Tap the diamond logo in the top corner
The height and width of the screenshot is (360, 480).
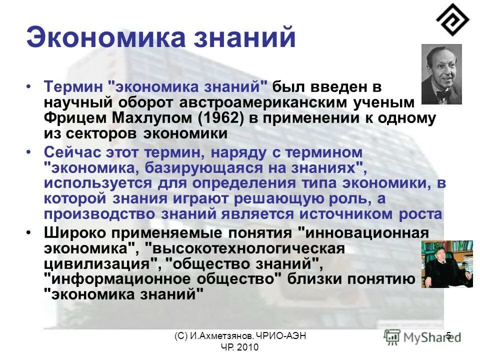click(452, 19)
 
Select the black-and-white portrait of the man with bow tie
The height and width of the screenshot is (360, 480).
click(441, 74)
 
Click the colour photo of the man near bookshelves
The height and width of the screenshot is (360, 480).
click(446, 264)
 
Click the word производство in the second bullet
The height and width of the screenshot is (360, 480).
click(99, 214)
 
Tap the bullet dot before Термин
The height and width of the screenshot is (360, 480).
click(31, 86)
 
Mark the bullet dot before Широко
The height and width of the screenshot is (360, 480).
click(31, 232)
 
